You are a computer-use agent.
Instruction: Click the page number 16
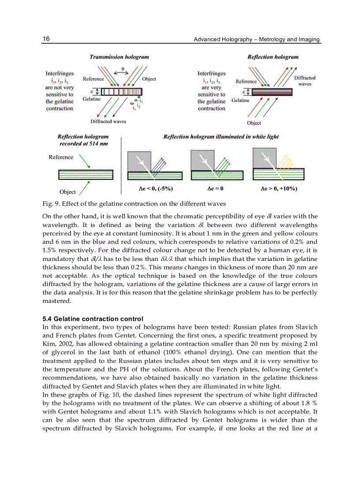pos(46,39)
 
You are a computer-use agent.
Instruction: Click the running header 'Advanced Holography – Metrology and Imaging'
pos(257,39)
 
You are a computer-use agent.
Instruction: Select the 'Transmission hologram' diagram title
pos(119,57)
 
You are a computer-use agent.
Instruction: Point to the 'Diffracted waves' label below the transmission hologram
pos(108,121)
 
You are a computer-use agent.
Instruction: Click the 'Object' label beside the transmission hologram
pos(149,79)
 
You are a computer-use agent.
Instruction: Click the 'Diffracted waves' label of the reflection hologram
pos(305,81)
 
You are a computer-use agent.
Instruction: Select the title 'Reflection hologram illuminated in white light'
pos(221,137)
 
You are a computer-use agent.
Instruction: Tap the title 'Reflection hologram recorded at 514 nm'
pos(83,140)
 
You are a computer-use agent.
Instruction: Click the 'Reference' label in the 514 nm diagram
pos(61,157)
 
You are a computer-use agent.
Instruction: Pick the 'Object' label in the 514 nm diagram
pos(67,192)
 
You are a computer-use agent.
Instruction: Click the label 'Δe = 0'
pos(215,188)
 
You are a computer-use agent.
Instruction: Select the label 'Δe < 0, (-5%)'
pos(155,188)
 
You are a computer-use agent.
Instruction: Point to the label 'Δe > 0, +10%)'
pos(279,188)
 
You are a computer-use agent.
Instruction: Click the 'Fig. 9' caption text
pos(134,204)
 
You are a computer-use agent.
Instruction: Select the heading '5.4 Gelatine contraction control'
pos(93,318)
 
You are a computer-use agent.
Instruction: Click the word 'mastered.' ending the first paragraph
pos(56,301)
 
